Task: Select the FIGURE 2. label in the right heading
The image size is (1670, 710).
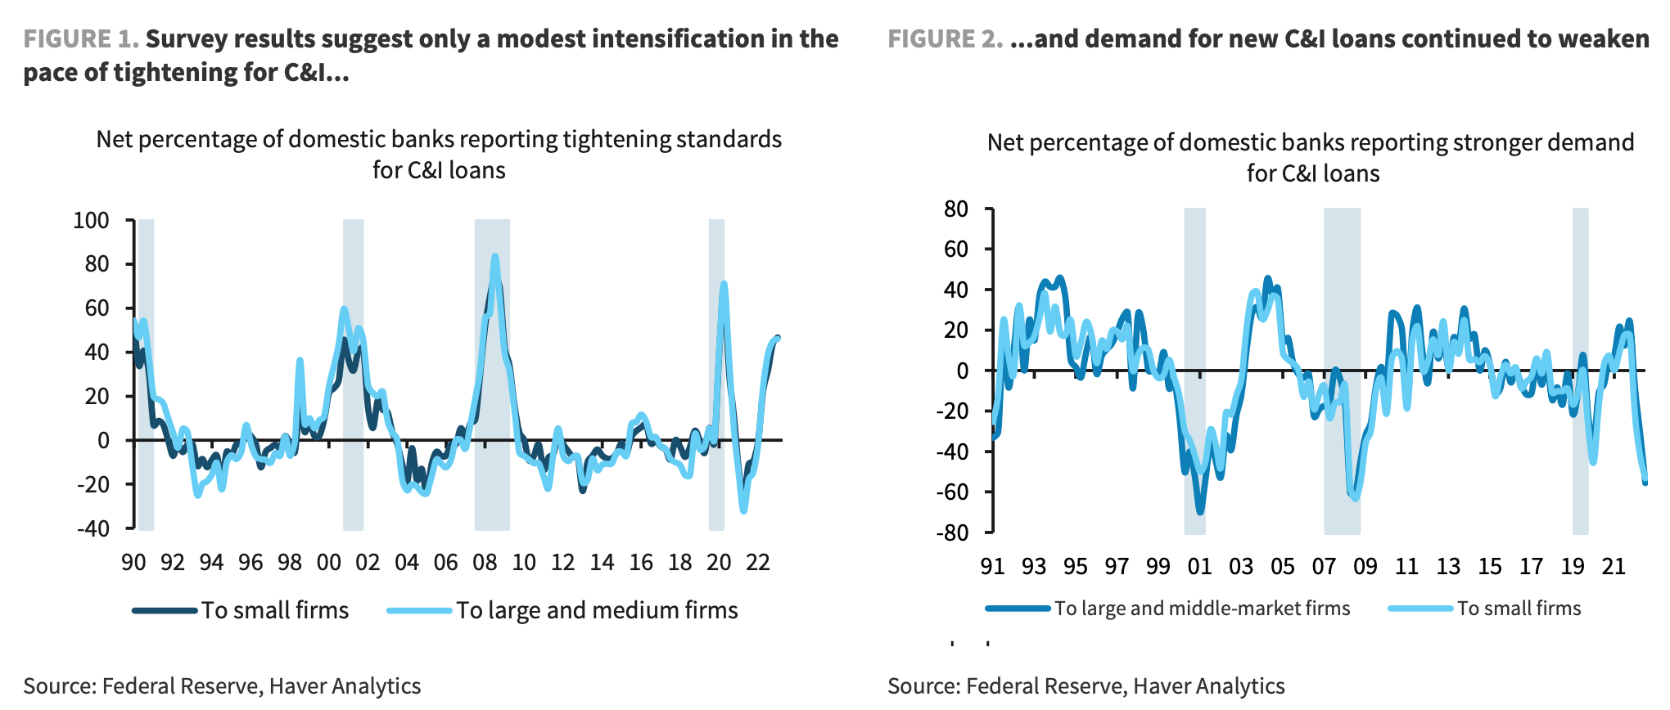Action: pos(945,39)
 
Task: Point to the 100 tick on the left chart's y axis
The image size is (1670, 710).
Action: pos(91,221)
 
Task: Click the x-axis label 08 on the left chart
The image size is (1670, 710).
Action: pos(485,563)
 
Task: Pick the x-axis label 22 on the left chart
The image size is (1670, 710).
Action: pos(758,563)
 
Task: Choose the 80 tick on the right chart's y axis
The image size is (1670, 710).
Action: pos(955,209)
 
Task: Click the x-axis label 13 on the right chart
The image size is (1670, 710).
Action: pos(1448,566)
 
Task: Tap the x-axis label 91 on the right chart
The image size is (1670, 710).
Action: pos(992,566)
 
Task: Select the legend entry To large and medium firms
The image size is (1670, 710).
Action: pos(597,610)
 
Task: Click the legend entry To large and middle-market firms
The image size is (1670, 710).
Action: pos(1202,609)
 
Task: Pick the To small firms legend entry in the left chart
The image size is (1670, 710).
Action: pos(275,610)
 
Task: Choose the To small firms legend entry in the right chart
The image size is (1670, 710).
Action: pos(1519,609)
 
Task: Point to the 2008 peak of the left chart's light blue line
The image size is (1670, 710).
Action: pos(494,257)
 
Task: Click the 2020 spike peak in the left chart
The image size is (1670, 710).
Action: pos(724,285)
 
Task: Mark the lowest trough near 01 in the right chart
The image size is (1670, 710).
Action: pos(1200,512)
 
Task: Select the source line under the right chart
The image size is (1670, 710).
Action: pos(1085,686)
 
